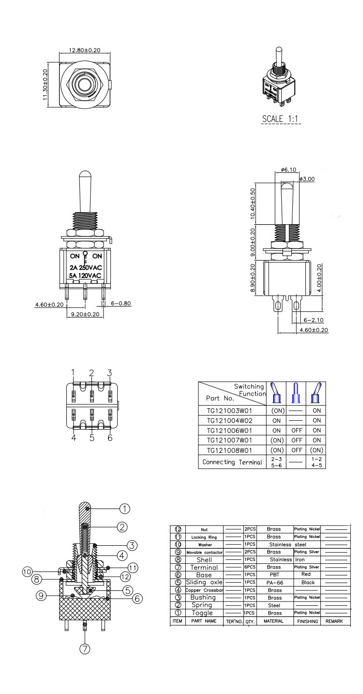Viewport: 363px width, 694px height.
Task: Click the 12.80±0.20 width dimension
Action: tap(84, 50)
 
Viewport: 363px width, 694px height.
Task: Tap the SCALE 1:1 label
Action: tap(281, 119)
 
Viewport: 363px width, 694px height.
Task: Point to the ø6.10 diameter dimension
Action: tap(288, 170)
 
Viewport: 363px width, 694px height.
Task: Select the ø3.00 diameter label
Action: tap(307, 179)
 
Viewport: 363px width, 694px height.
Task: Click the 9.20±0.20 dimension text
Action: tap(85, 314)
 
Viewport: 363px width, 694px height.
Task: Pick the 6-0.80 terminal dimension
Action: tap(121, 304)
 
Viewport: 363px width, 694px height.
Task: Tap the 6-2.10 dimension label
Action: tap(313, 320)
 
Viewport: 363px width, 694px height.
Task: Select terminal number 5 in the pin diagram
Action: tap(91, 438)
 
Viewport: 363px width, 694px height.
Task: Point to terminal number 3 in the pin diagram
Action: tap(109, 372)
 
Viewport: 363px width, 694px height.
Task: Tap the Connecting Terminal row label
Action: tap(232, 462)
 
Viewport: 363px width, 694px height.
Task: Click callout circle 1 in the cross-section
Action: tap(125, 508)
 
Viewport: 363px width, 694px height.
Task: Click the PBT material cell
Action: tap(274, 575)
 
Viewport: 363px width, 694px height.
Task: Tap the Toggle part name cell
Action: tap(202, 613)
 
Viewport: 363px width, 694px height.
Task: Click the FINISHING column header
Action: tap(308, 621)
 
